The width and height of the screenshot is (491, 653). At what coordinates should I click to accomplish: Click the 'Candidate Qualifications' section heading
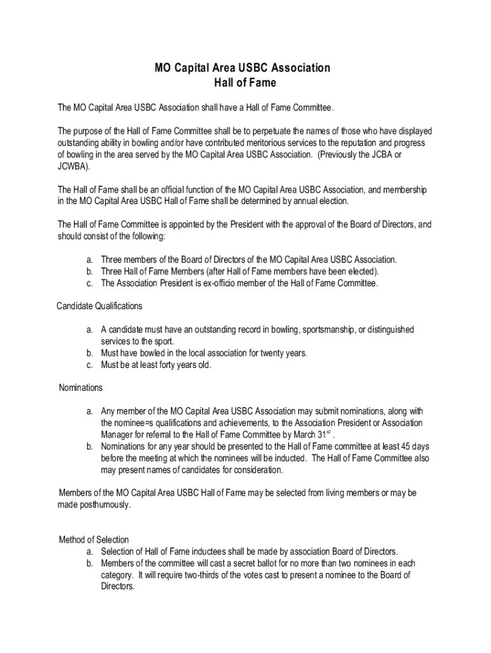[x=99, y=306]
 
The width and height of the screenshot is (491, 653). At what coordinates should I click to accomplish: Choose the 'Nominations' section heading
[x=80, y=388]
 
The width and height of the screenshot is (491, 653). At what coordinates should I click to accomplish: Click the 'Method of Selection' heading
[x=94, y=539]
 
